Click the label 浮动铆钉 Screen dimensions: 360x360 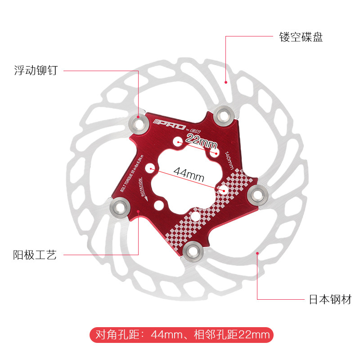(x=35, y=71)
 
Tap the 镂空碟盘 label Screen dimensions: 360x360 (x=301, y=37)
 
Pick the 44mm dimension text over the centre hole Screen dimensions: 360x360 (x=189, y=174)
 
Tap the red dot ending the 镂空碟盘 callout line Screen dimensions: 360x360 (x=226, y=82)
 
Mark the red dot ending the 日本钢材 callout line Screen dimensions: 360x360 (x=257, y=253)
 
